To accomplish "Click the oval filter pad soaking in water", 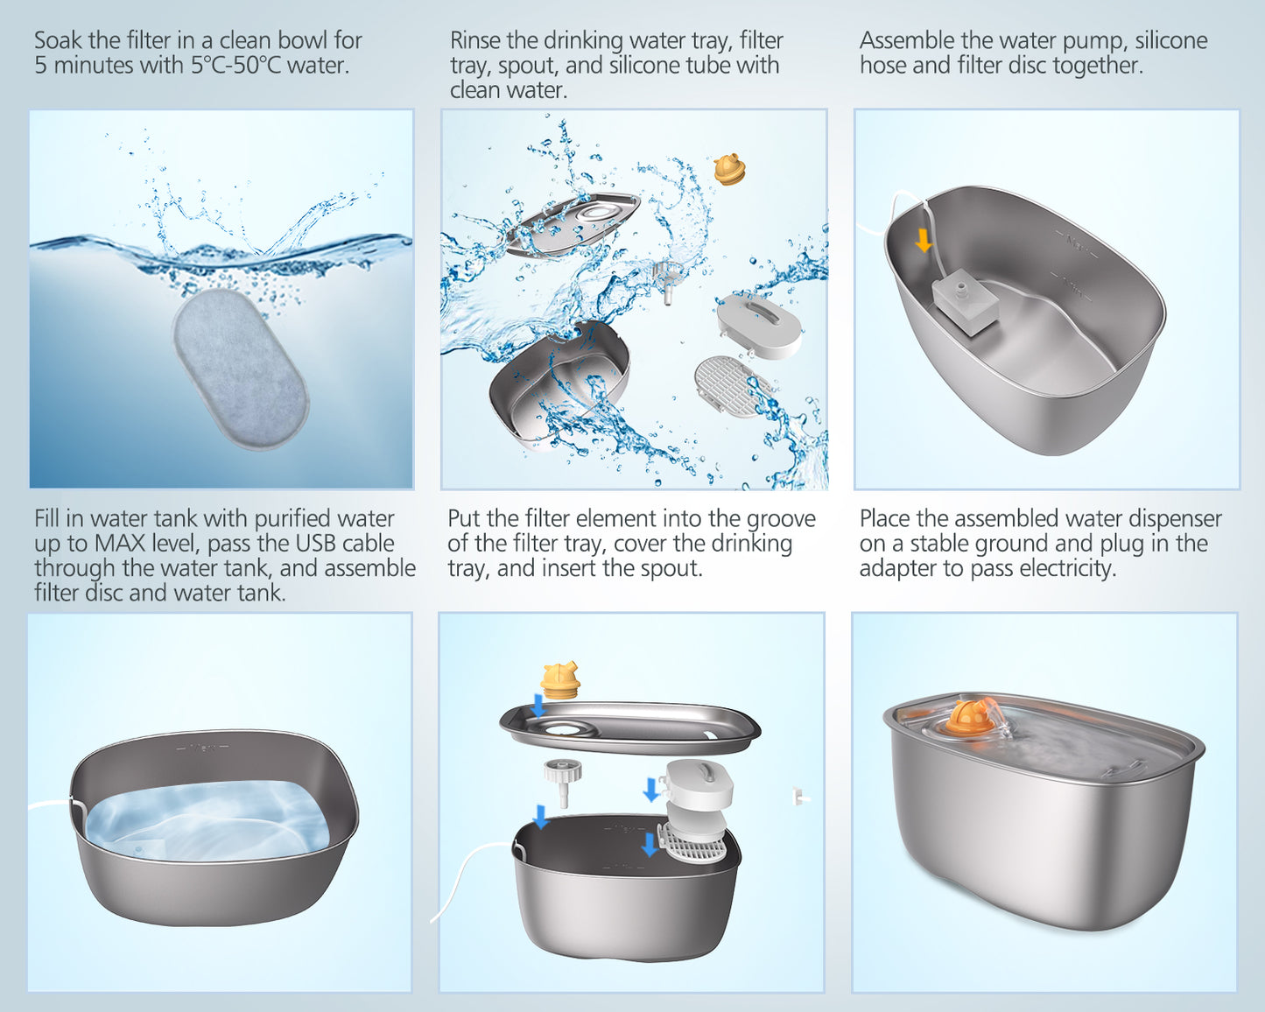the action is point(241,369).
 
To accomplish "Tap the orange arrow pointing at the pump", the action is point(924,241).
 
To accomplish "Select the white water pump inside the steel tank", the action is point(965,302).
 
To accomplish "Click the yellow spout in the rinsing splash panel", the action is point(729,169).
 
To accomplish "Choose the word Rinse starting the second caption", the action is point(475,40).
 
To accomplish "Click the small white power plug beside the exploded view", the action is point(799,796).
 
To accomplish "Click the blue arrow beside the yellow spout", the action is point(538,706).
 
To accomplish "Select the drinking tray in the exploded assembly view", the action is point(629,727).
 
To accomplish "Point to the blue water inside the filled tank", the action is point(207,820).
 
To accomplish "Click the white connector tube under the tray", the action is point(563,782).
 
